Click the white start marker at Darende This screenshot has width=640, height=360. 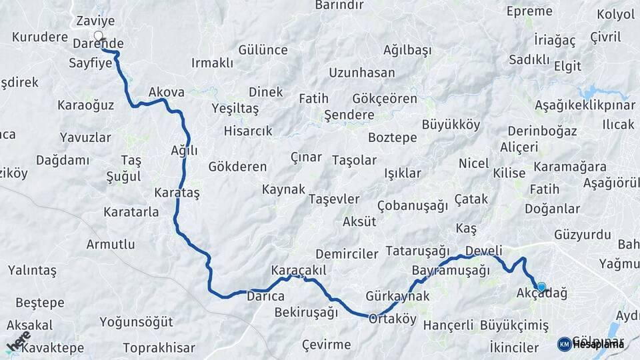pos(99,36)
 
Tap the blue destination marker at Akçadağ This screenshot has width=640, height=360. pos(541,287)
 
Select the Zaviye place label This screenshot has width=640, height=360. pos(92,21)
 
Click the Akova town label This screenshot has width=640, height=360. pos(166,93)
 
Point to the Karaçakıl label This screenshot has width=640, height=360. pos(298,271)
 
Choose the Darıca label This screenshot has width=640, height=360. pos(266,296)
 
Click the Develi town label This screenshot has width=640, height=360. pos(483,250)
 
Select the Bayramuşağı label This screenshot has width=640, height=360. pos(451,271)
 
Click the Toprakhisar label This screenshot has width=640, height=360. pos(159,347)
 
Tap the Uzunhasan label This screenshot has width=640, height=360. pos(362,73)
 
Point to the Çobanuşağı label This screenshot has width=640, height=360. pos(412,205)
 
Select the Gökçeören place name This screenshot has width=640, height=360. pos(385,99)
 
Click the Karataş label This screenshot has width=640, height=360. pos(177,192)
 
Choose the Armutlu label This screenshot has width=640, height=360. pos(111,244)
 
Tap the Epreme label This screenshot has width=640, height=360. pos(529,11)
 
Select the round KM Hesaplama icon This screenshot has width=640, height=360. pos(565,344)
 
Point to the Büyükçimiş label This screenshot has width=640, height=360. pos(514,325)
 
